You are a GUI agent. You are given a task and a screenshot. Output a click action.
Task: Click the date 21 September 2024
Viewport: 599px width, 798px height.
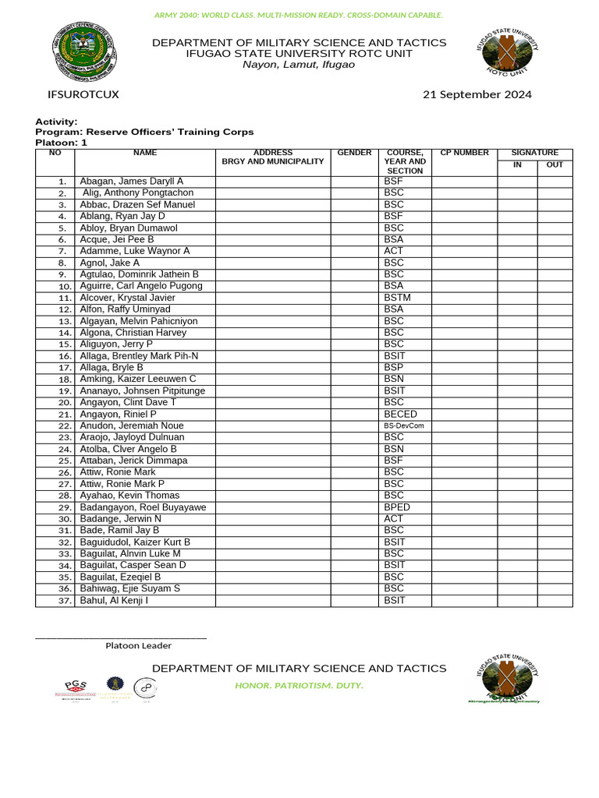coord(477,95)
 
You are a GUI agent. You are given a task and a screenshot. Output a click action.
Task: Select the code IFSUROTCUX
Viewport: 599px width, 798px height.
coord(83,95)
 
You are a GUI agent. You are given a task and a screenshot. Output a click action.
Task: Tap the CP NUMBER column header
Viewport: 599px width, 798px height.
coord(465,153)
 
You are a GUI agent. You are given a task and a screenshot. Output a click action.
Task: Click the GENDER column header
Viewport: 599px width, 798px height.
coord(354,153)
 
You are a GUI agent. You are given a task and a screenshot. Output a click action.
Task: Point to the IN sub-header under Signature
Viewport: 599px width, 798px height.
coord(517,165)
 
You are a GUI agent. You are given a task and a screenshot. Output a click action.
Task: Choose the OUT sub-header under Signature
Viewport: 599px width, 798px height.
coord(555,165)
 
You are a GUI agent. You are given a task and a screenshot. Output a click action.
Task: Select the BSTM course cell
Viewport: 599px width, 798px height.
coord(397,298)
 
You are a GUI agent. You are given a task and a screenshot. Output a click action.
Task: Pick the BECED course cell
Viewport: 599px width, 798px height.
coord(400,414)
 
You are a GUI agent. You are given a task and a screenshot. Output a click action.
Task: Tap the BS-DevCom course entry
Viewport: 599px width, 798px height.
coord(402,426)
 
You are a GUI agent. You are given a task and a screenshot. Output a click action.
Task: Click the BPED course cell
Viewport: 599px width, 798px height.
coord(397,507)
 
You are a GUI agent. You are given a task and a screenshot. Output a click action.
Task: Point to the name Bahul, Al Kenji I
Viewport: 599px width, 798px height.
coord(114,600)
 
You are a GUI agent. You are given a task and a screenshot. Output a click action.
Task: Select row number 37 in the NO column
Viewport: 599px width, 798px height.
coord(64,601)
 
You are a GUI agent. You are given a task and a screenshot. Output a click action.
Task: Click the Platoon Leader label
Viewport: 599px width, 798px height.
coord(139,645)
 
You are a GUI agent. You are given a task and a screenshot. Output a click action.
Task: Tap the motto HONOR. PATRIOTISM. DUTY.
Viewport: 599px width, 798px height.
coord(299,686)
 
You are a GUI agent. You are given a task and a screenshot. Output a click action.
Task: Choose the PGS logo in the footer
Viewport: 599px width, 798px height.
coord(76,687)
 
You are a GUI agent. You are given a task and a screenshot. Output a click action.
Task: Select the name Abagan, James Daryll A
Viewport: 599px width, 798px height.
coord(131,182)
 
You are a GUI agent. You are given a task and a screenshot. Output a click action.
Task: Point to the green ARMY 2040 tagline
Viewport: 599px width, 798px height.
coord(299,15)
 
